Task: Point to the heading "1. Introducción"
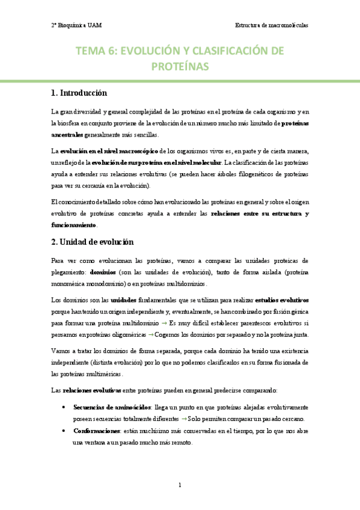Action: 79,93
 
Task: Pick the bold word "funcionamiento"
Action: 73,224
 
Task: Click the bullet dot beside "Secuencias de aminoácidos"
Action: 64,407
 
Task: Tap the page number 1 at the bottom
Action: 180,485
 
